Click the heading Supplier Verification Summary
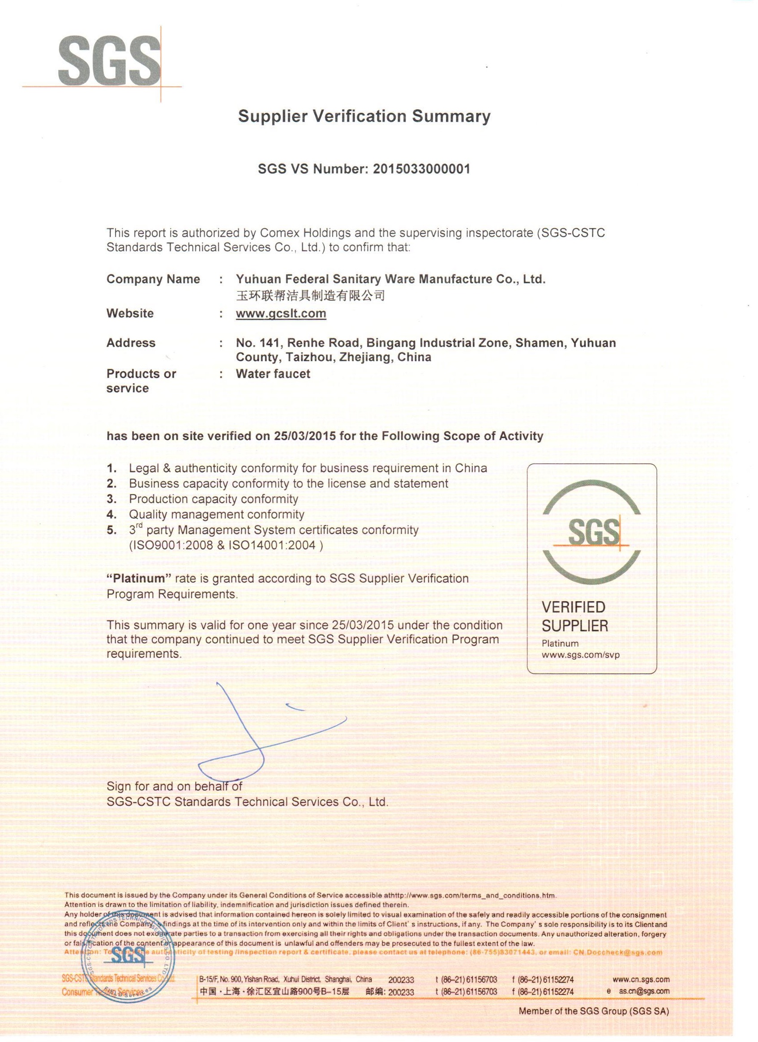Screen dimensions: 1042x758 pos(364,116)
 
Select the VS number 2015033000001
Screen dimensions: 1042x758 pos(421,169)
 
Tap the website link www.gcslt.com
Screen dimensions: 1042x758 pos(281,314)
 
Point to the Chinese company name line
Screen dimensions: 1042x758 pos(310,295)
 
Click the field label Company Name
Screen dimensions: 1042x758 pos(153,279)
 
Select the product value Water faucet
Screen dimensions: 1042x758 pos(273,374)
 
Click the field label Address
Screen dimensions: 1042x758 pos(131,343)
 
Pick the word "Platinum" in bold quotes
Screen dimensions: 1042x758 pos(139,578)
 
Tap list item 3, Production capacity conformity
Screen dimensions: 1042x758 pos(213,499)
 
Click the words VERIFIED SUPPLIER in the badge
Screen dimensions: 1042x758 pos(574,617)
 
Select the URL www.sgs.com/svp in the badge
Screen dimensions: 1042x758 pos(581,655)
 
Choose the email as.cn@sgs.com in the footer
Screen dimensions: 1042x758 pos(643,991)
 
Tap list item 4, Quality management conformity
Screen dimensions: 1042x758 pos(217,515)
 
